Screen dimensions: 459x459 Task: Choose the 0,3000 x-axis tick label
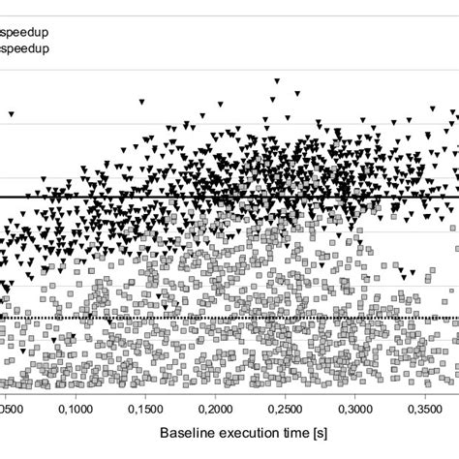tap(356, 410)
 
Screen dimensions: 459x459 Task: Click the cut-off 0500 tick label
tap(14, 410)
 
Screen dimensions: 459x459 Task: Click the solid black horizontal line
tap(97, 197)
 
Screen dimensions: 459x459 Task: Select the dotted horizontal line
tap(97, 318)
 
